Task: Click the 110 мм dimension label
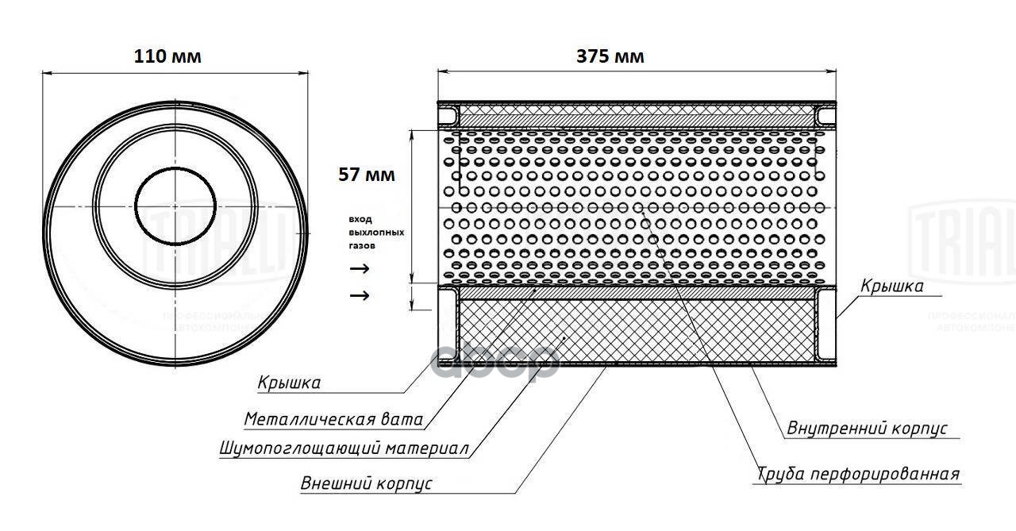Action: click(167, 56)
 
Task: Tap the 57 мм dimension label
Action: click(366, 175)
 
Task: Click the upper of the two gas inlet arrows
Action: click(360, 268)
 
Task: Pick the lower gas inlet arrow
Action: click(360, 296)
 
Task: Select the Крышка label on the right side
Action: click(891, 287)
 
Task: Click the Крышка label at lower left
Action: click(289, 383)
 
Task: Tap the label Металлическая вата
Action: click(333, 419)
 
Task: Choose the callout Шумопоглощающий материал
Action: click(344, 449)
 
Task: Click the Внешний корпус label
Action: click(366, 483)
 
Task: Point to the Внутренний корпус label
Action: click(868, 429)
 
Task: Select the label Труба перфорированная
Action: click(858, 474)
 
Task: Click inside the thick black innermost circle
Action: click(175, 207)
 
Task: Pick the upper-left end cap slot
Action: click(448, 116)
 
